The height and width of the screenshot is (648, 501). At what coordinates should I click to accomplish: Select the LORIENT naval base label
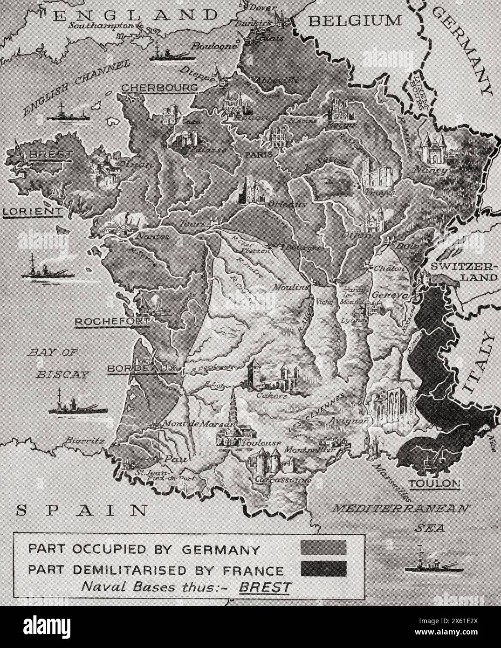click(32, 212)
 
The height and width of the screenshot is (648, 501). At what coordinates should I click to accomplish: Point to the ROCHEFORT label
click(112, 322)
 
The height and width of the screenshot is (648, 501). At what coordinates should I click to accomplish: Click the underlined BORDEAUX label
click(142, 368)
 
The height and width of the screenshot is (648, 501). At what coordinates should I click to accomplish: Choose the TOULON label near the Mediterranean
click(434, 483)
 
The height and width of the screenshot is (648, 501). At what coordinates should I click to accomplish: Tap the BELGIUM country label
click(355, 21)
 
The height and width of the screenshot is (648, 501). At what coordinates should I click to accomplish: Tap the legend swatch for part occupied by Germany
click(323, 548)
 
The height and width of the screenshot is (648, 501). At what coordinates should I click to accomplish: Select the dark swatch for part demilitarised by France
click(323, 568)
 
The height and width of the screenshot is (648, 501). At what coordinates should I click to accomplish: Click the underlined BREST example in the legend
click(264, 586)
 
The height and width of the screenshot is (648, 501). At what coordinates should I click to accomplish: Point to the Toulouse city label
click(263, 443)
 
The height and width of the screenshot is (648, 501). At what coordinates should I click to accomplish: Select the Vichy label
click(324, 302)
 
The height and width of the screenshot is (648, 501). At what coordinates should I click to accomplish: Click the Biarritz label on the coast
click(82, 439)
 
